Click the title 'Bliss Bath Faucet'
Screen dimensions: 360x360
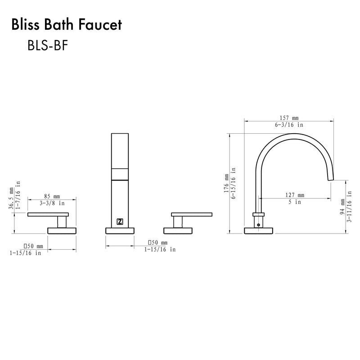pyautogui.click(x=66, y=25)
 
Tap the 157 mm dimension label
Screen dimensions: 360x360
pyautogui.click(x=288, y=117)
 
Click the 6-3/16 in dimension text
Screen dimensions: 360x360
pyautogui.click(x=288, y=125)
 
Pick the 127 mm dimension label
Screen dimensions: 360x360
pyautogui.click(x=295, y=195)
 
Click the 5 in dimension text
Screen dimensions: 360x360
pyautogui.click(x=295, y=202)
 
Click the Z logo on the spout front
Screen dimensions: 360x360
pyautogui.click(x=120, y=221)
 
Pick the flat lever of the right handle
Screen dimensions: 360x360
pyautogui.click(x=191, y=214)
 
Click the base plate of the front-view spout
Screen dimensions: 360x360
pyautogui.click(x=120, y=231)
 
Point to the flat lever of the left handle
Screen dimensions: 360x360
pyautogui.click(x=48, y=214)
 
